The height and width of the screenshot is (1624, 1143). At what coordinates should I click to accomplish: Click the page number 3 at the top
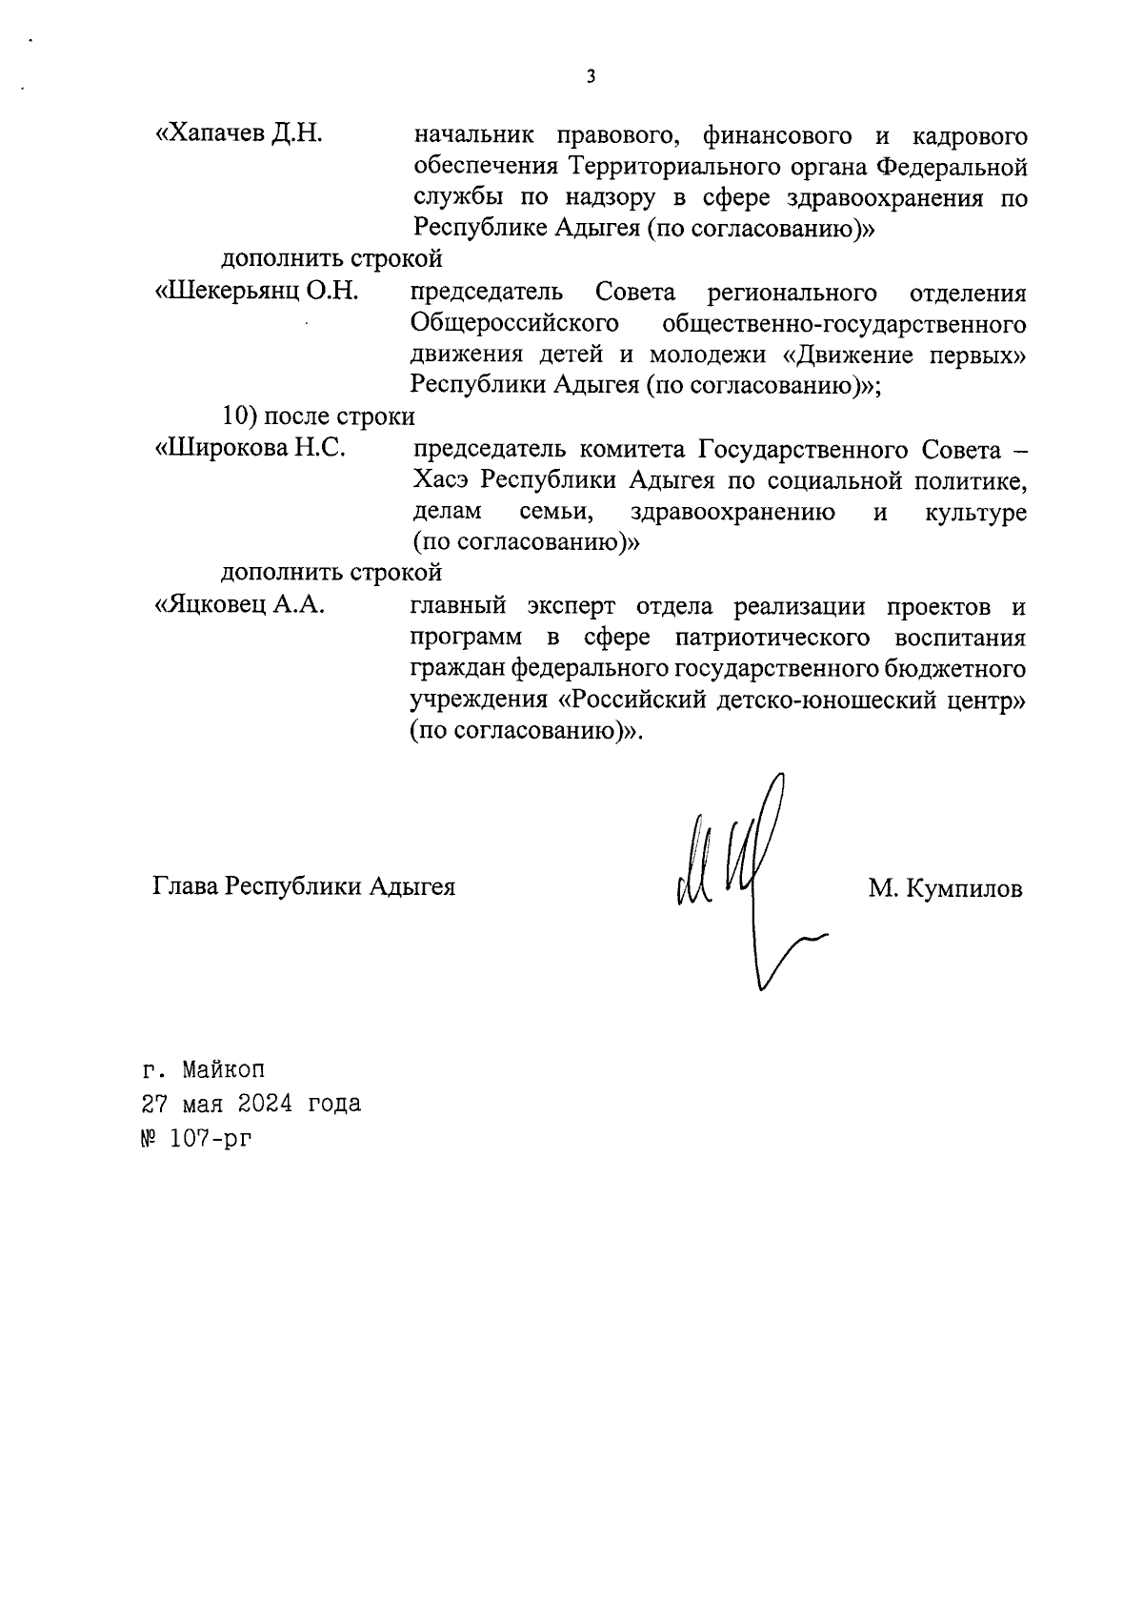[591, 77]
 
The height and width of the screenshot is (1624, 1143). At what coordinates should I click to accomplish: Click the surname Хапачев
[218, 134]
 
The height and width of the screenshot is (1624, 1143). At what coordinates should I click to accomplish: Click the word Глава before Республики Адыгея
[186, 887]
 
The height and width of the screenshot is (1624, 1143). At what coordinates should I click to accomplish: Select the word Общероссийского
[509, 324]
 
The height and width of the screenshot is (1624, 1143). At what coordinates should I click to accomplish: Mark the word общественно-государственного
[844, 324]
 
